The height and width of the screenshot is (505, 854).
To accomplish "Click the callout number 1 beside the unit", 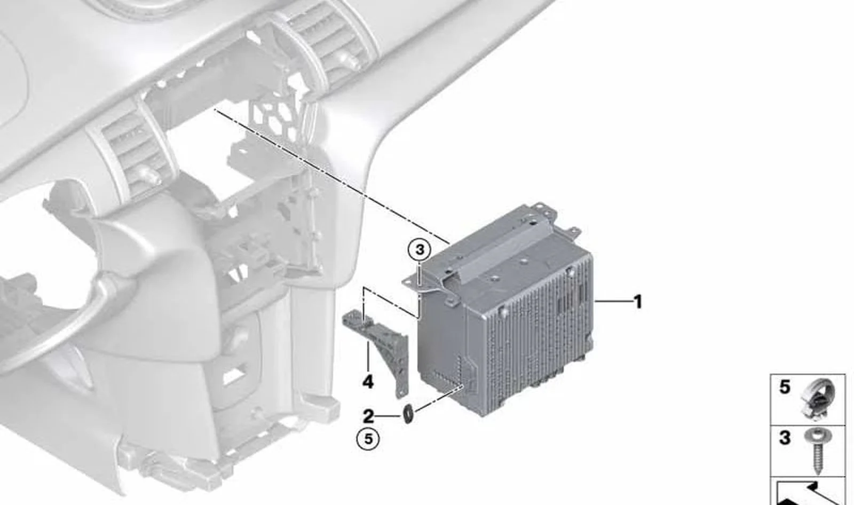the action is click(637, 302).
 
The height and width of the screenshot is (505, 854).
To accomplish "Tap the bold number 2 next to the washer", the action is click(368, 416).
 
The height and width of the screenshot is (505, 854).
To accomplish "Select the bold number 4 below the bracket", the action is click(368, 382).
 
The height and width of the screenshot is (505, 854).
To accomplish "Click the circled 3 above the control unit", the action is click(420, 250).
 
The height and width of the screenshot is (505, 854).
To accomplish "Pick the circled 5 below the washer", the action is click(368, 439).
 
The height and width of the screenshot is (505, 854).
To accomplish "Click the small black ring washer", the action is click(408, 414).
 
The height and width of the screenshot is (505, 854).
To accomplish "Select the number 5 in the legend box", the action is click(785, 387).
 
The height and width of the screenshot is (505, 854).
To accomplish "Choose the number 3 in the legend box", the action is click(785, 438).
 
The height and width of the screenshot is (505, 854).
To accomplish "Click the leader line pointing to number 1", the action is click(612, 302).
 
